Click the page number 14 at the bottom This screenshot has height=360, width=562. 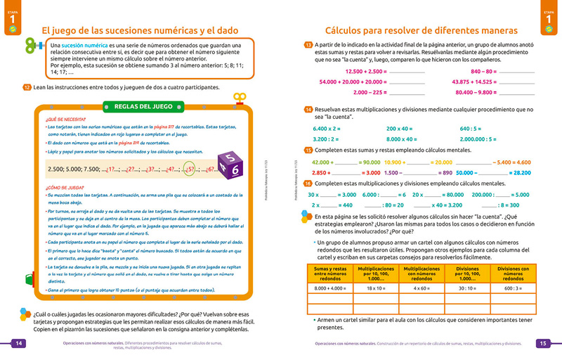tap(19, 343)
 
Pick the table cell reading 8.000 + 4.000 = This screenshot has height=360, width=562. tap(329, 288)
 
